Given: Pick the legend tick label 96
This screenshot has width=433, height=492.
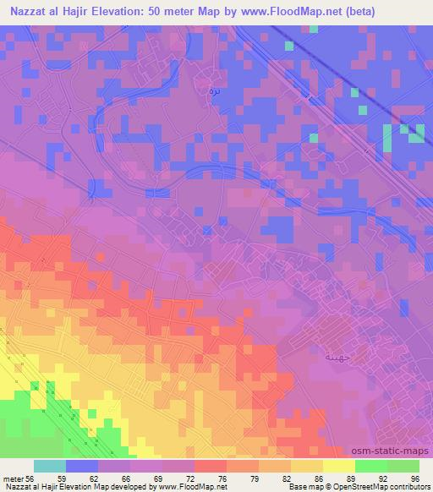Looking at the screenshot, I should (x=414, y=478).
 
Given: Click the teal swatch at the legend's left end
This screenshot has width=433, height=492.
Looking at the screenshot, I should (x=50, y=466).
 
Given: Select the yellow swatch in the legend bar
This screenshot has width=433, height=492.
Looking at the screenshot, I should (x=338, y=466).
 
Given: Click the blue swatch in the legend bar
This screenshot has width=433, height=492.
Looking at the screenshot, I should (x=82, y=466).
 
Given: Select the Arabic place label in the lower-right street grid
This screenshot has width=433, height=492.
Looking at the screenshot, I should (x=337, y=357).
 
